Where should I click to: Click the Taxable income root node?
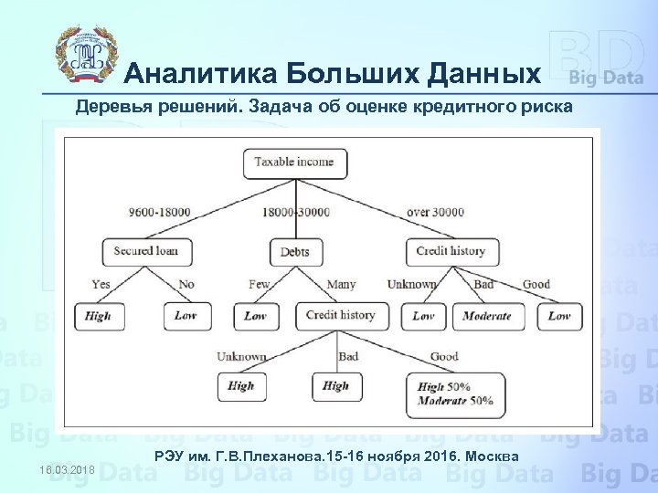[293, 163]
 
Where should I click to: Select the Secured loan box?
[146, 250]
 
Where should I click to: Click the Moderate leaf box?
[486, 317]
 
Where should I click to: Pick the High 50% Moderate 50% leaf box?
[455, 393]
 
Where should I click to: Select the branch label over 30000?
[435, 213]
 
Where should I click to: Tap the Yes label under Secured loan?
[101, 284]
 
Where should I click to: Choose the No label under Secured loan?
[186, 284]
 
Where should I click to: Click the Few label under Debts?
[260, 284]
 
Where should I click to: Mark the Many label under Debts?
[341, 284]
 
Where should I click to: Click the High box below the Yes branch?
[97, 317]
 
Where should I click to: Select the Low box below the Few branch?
[255, 317]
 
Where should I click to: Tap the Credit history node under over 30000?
[450, 250]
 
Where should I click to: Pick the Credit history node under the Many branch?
[340, 316]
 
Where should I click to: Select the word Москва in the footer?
[492, 456]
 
